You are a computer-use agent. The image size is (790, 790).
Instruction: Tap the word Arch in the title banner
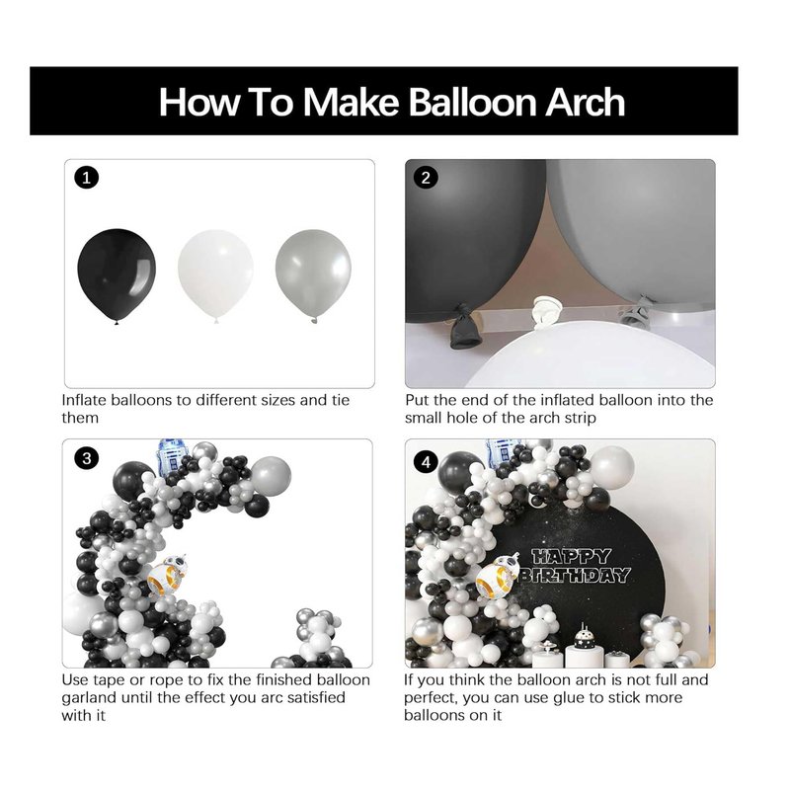(586, 102)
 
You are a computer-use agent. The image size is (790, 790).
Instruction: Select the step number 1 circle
(86, 178)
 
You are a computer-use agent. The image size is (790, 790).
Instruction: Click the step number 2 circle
(426, 178)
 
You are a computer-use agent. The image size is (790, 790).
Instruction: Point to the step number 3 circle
(86, 458)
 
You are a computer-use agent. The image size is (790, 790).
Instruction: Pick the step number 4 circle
(426, 461)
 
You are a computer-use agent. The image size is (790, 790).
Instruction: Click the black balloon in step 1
(117, 276)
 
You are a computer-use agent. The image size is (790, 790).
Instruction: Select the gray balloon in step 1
(313, 276)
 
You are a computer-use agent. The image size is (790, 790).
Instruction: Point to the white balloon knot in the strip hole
(547, 309)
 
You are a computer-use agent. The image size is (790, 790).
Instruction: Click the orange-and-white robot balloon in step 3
(168, 576)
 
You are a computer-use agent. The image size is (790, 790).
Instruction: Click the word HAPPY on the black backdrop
(572, 556)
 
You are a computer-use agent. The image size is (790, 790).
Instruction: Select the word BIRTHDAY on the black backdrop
(576, 575)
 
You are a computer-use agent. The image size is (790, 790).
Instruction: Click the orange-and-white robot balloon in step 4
(498, 576)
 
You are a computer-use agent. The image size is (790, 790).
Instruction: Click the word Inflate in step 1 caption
(84, 400)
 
